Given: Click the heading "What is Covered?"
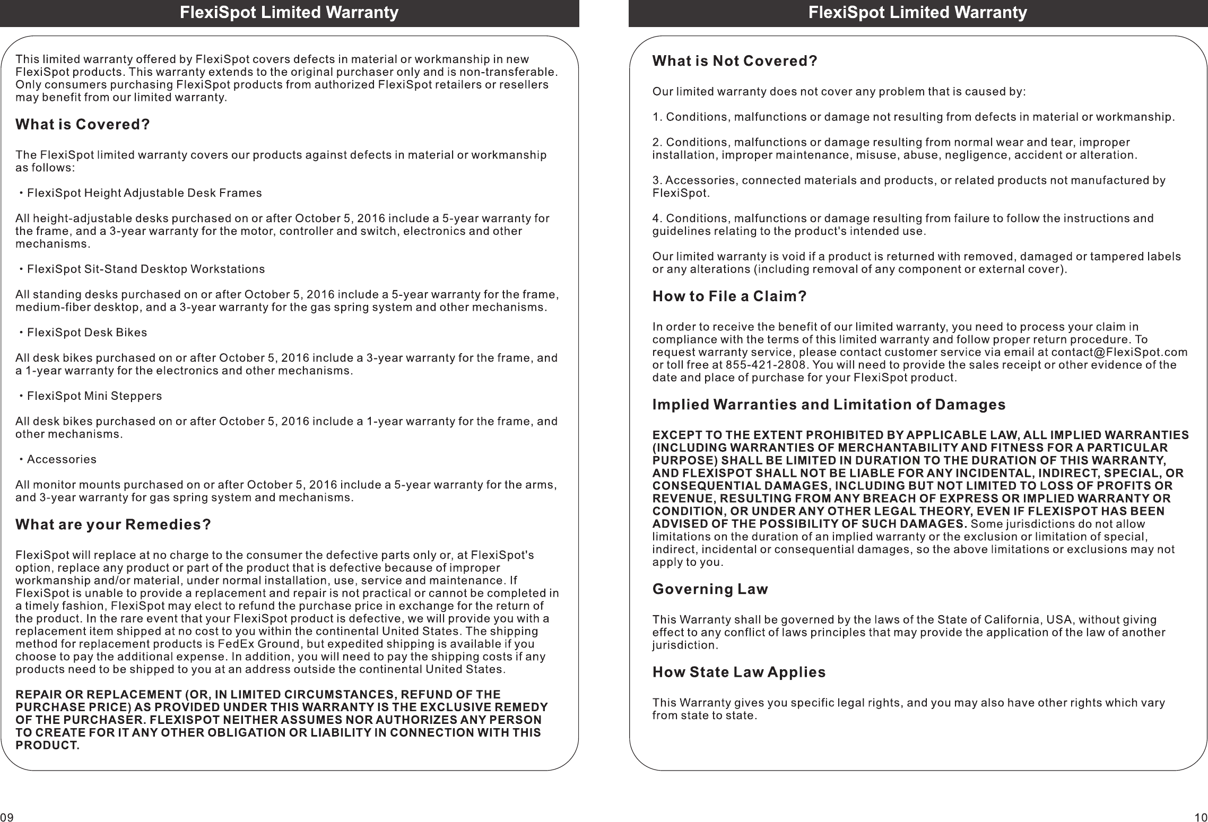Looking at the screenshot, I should coord(83,125).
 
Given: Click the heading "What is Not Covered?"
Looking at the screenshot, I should coord(735,62).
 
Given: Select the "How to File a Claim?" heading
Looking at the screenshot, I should coord(729,296).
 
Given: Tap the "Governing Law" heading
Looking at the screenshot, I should coord(710,589).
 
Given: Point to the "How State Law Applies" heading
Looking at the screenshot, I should coord(739,672).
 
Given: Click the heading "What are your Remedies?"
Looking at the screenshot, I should coord(114,524).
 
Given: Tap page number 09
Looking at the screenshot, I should coord(6,817).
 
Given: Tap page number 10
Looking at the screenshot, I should coord(1201,817).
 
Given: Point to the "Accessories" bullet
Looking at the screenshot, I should coord(62,459).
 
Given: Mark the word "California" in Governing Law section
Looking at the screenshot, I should coord(1009,620).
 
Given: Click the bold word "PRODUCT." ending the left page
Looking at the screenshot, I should coord(48,745).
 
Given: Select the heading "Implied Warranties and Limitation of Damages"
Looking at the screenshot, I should coord(829,405).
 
